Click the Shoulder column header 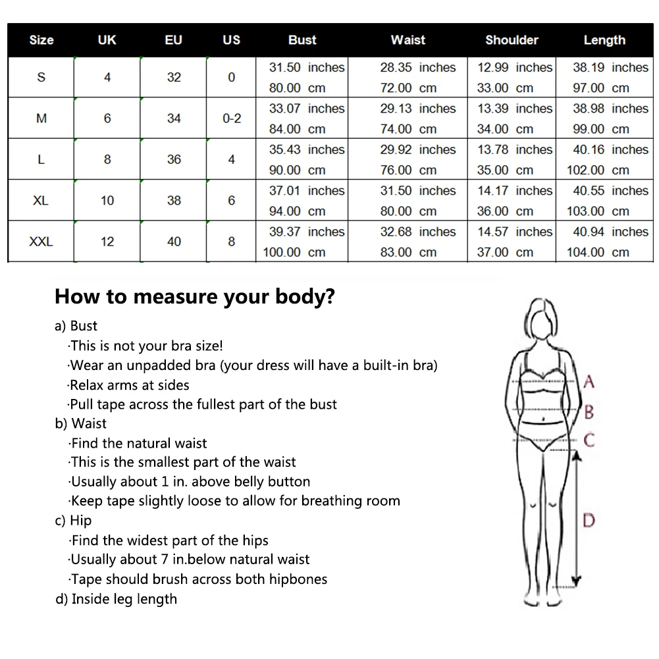512,40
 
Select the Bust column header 302,40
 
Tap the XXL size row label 41,242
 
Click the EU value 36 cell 174,159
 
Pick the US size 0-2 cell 232,119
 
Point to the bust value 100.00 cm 294,252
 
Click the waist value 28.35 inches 417,67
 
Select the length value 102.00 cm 598,170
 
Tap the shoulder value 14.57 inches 515,232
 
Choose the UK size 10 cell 107,201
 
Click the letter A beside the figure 589,381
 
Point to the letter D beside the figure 589,520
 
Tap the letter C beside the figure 589,440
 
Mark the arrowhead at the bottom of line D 576,580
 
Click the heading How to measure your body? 195,296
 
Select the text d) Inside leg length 116,599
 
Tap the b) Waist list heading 80,423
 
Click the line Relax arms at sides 129,385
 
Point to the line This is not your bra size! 146,346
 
